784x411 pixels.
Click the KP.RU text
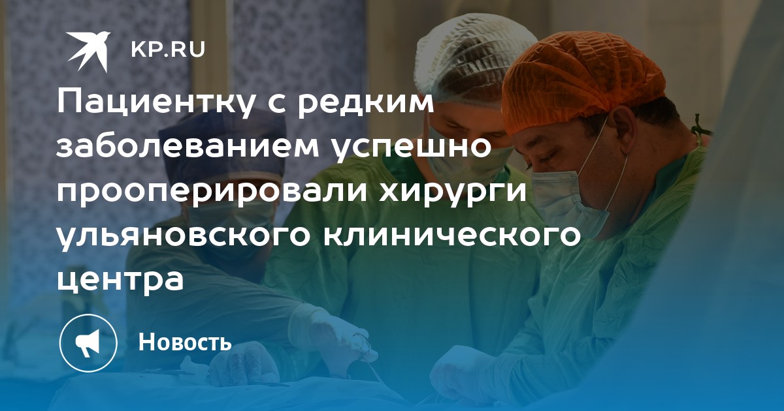tap(168, 50)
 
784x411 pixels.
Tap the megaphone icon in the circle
tap(88, 343)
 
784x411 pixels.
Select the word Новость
tap(185, 341)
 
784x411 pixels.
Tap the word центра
tap(120, 281)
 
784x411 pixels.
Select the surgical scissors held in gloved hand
tap(366, 350)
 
